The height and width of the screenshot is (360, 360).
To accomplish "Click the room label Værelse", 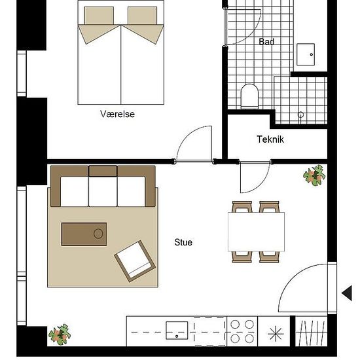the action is point(117,114).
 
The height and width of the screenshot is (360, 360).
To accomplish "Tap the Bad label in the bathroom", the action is point(266,42).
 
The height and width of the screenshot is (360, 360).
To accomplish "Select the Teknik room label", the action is point(270,139).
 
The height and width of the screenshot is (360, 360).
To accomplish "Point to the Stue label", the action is point(183,242).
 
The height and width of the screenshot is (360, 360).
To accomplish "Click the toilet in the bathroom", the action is point(249,96).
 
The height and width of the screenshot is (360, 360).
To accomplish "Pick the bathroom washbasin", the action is point(306,54).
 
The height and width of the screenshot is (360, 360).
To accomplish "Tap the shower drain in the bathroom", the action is point(300,115).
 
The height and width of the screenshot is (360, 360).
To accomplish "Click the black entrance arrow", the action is point(347,293).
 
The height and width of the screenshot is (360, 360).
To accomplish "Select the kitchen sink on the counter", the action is point(177,331).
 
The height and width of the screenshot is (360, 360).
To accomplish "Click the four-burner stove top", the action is point(242,331).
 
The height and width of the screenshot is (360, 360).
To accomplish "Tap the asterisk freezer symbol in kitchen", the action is point(276,334).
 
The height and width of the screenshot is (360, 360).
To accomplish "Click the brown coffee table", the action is point(84,234).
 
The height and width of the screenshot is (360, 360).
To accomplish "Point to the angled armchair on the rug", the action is point(135,261).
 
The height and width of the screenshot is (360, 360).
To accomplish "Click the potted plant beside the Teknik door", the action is point(314,175).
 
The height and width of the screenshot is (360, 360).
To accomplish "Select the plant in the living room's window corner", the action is point(60,334).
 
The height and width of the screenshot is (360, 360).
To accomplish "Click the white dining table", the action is point(256,232).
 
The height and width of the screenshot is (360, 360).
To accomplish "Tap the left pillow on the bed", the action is point(99,16).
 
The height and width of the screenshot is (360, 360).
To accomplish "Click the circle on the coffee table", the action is point(98,234).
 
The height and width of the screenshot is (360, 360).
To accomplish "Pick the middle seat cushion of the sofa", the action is point(103,192).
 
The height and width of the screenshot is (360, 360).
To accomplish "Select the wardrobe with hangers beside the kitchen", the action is point(311,331).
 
